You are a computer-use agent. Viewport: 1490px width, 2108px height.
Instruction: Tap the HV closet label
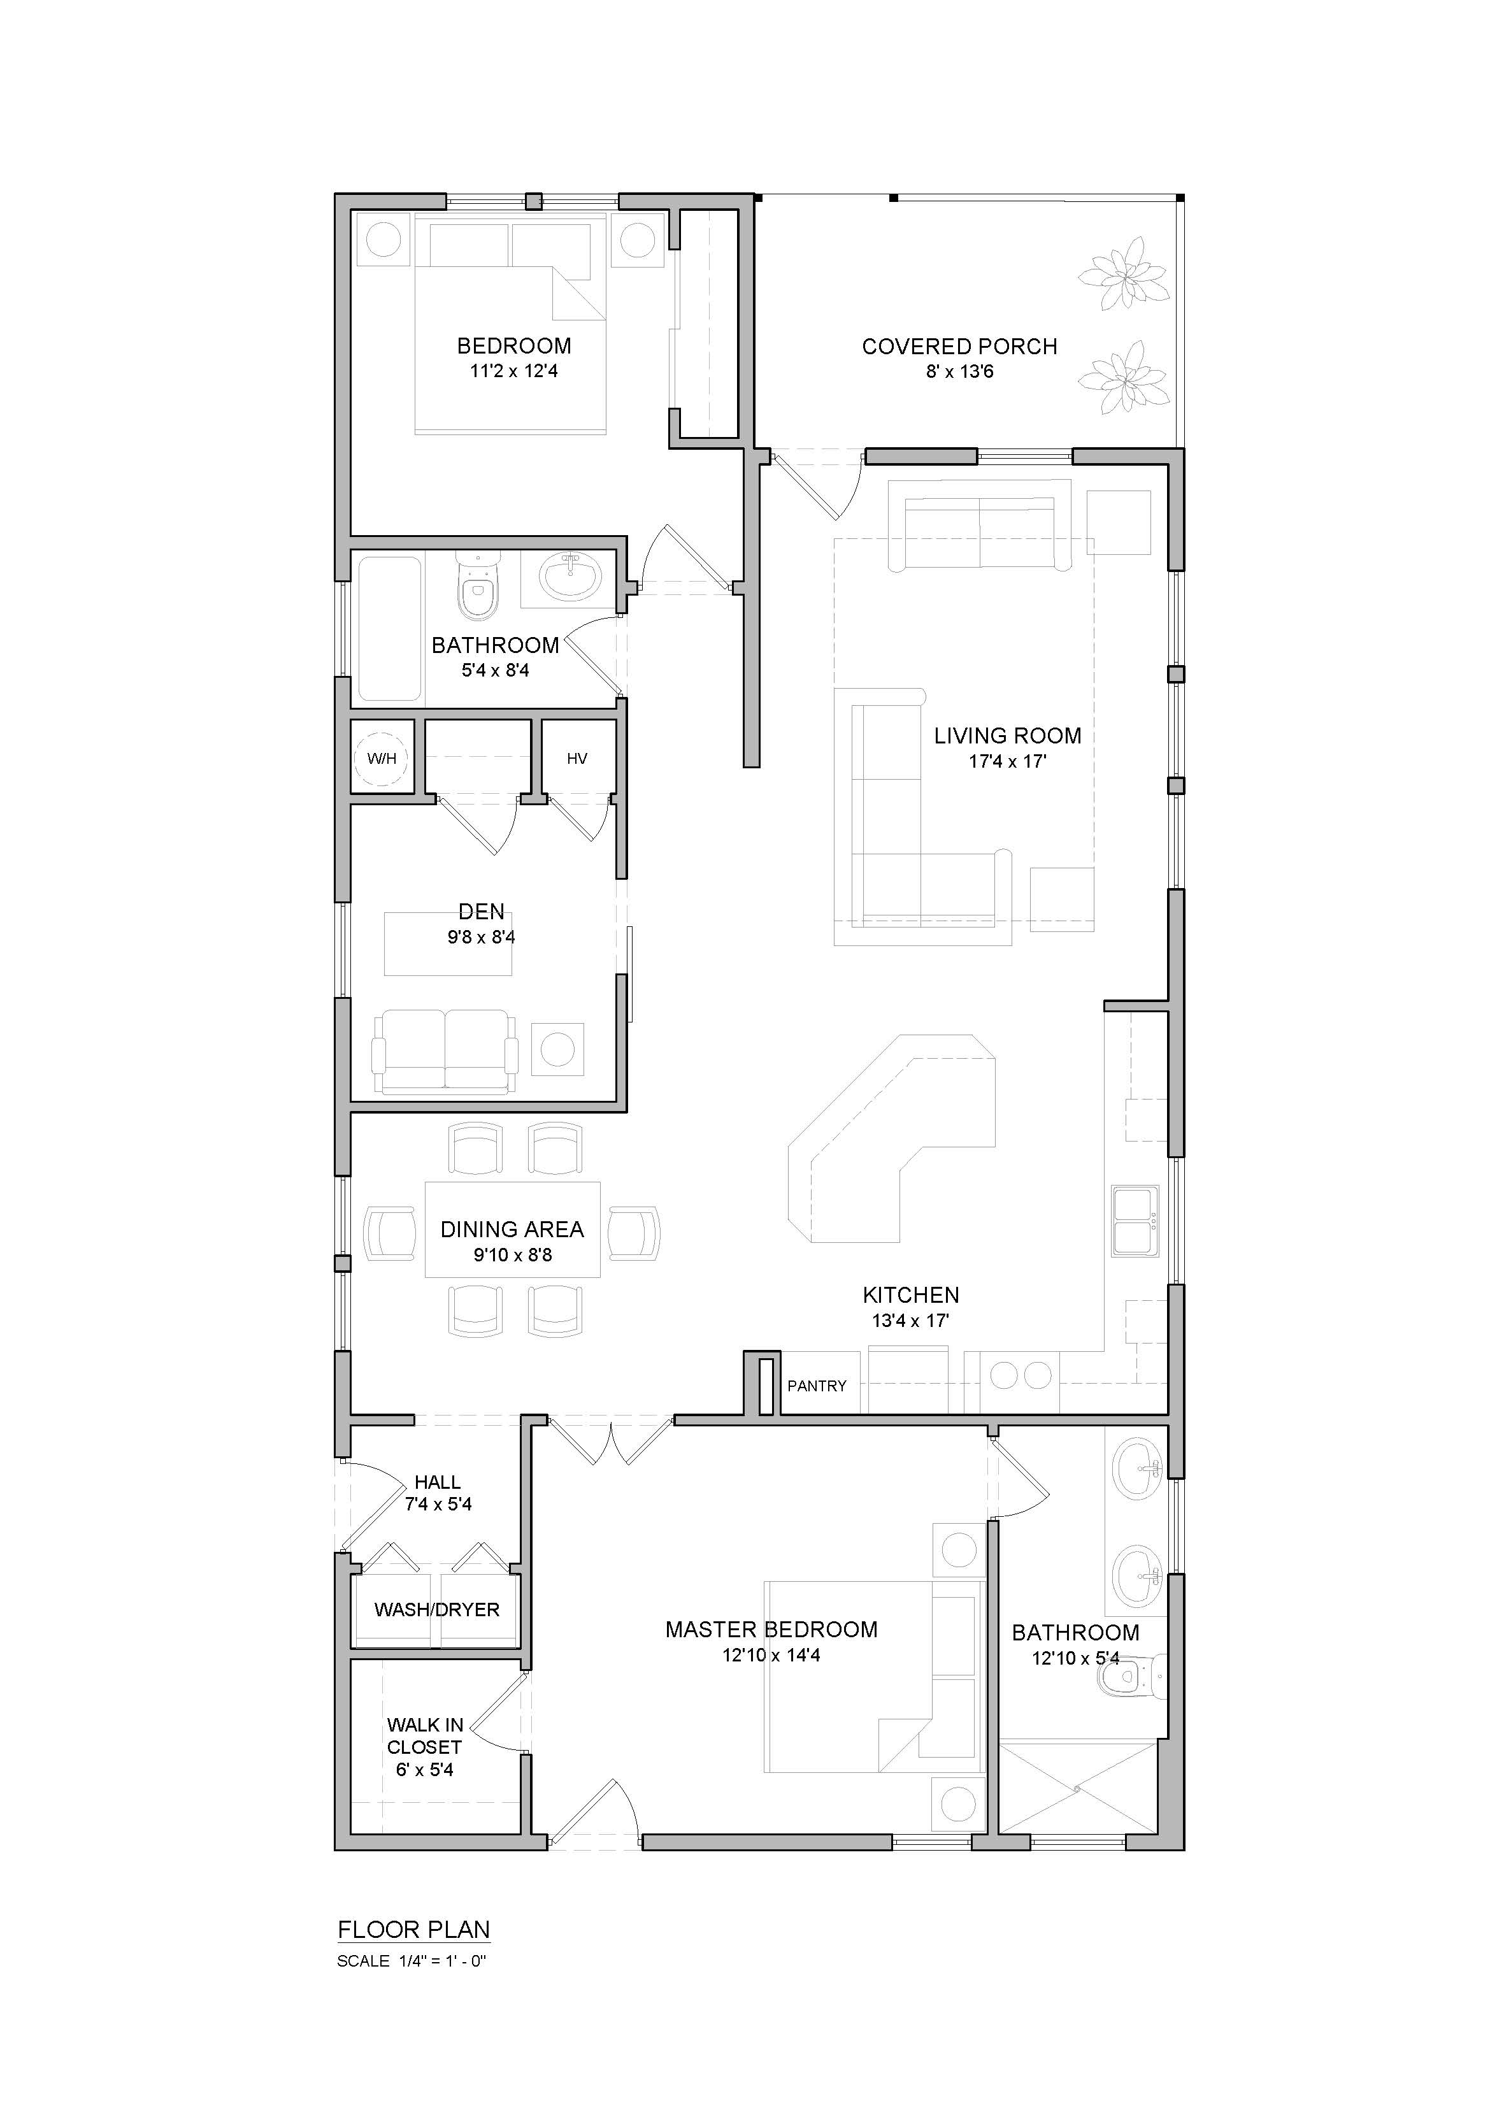click(577, 758)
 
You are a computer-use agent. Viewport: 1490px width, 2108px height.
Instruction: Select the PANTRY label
click(817, 1386)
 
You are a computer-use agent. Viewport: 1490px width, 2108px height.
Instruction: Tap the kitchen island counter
click(891, 1138)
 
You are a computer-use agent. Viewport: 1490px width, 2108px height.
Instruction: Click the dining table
click(512, 1230)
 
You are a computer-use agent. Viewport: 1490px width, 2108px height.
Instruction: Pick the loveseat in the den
click(445, 1052)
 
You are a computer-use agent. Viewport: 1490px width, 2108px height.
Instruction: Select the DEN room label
click(482, 912)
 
